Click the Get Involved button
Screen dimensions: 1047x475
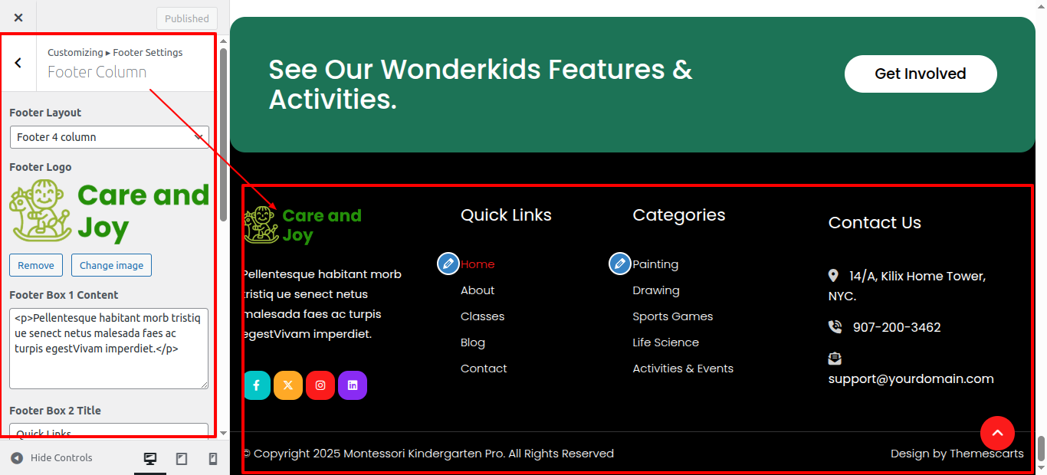pyautogui.click(x=921, y=74)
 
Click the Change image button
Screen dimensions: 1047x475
pyautogui.click(x=111, y=265)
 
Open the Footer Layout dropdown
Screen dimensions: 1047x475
pyautogui.click(x=110, y=137)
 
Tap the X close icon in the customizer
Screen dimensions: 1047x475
pyautogui.click(x=18, y=18)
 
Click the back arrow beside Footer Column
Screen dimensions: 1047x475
pyautogui.click(x=18, y=63)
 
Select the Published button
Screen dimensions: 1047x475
pyautogui.click(x=187, y=18)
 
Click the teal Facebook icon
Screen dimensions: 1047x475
pyautogui.click(x=257, y=385)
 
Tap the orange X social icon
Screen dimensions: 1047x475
pyautogui.click(x=288, y=385)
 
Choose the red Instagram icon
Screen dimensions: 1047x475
pyautogui.click(x=320, y=385)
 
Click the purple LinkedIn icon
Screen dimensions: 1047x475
pyautogui.click(x=353, y=385)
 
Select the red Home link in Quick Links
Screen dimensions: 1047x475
pyautogui.click(x=478, y=264)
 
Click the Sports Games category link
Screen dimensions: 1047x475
pyautogui.click(x=673, y=316)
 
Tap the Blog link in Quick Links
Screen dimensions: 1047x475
pyautogui.click(x=473, y=342)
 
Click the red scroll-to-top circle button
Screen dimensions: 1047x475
pyautogui.click(x=997, y=433)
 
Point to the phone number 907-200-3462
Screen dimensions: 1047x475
pyautogui.click(x=897, y=327)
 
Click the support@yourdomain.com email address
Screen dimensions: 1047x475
pyautogui.click(x=911, y=378)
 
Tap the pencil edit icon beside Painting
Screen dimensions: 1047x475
pyautogui.click(x=620, y=264)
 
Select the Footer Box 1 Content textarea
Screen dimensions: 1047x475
pyautogui.click(x=109, y=349)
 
